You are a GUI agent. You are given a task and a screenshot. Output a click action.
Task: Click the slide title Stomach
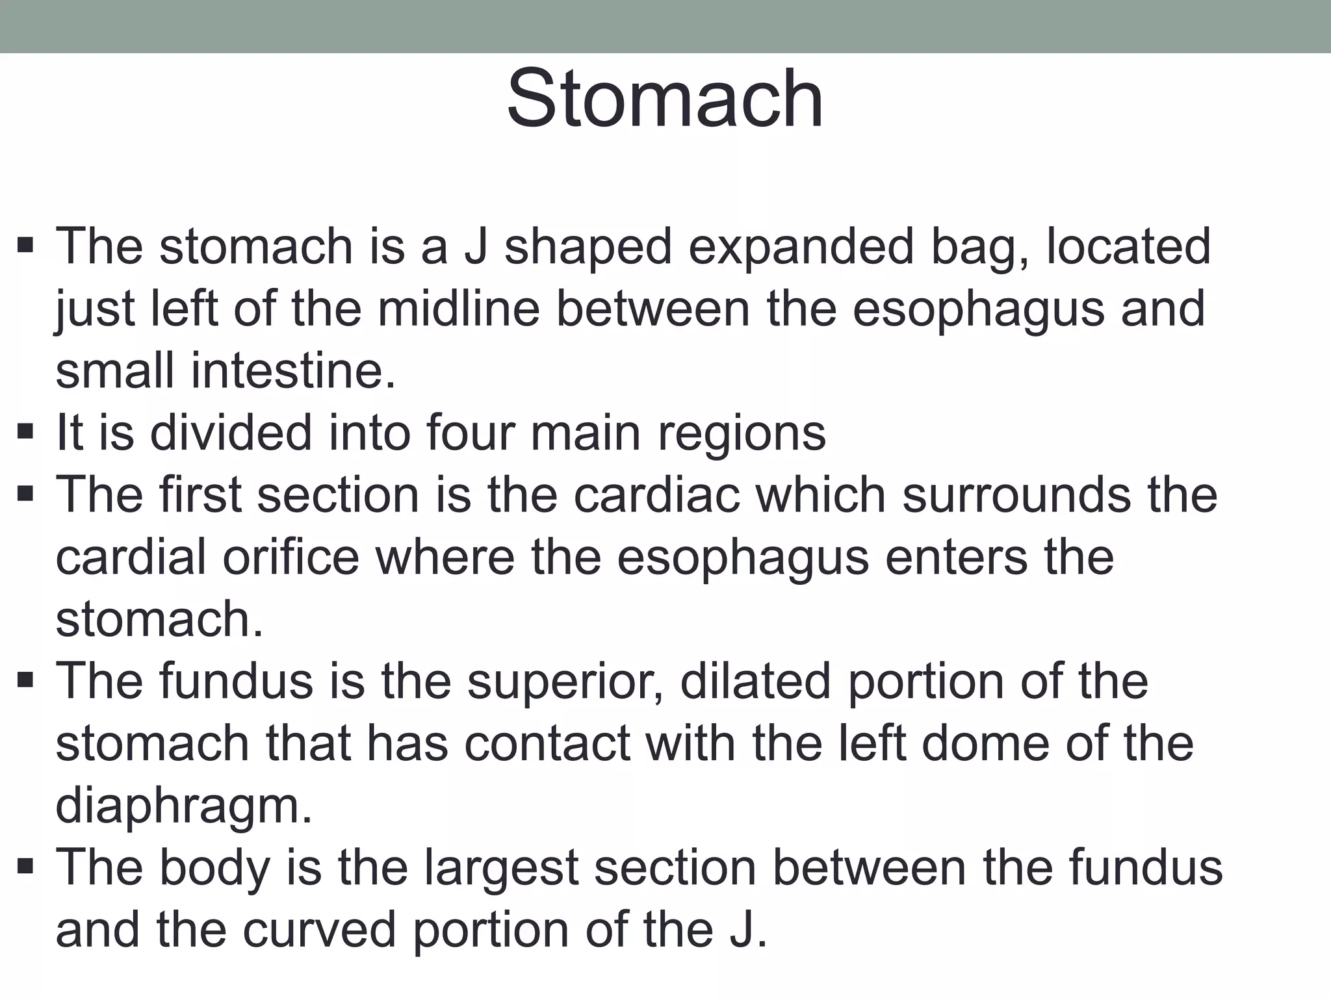pyautogui.click(x=665, y=99)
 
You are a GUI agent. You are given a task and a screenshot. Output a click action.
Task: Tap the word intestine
pyautogui.click(x=293, y=371)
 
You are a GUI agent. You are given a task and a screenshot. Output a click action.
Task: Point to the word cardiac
pyautogui.click(x=656, y=495)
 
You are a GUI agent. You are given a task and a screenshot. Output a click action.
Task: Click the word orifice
pyautogui.click(x=291, y=557)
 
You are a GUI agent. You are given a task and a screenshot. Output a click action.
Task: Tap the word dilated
pyautogui.click(x=755, y=682)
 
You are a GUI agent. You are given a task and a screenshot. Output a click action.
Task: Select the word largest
pyautogui.click(x=501, y=868)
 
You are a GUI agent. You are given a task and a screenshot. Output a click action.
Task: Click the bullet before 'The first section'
pyautogui.click(x=25, y=494)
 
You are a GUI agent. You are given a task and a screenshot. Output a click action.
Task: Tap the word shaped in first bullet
pyautogui.click(x=588, y=248)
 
